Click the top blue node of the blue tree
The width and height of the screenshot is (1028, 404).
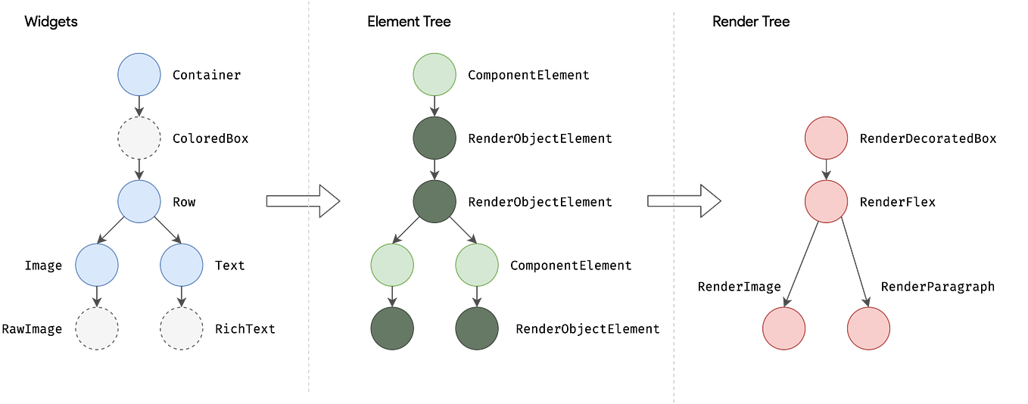point(139,74)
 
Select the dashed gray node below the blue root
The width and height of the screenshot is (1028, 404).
point(139,138)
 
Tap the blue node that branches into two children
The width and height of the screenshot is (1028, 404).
point(139,201)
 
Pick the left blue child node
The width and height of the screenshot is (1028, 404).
point(97,265)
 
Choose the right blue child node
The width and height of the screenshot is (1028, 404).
point(182,265)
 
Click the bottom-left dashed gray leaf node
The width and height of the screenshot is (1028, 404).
point(97,328)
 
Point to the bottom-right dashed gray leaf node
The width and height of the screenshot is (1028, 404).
point(182,328)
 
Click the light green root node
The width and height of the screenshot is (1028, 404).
point(435,74)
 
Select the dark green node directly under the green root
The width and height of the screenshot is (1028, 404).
point(435,138)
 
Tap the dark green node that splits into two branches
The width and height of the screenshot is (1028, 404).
point(435,201)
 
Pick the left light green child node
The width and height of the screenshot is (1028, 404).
point(392,265)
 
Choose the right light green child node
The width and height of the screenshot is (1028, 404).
point(477,265)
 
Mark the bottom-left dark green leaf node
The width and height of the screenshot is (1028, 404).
point(392,328)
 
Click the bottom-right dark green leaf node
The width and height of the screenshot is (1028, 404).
point(477,328)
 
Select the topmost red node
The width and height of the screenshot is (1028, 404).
point(827,138)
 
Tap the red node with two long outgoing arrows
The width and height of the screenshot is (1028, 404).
point(827,201)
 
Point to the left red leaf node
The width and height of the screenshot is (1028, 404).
point(784,328)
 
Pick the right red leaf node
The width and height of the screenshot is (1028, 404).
point(869,328)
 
